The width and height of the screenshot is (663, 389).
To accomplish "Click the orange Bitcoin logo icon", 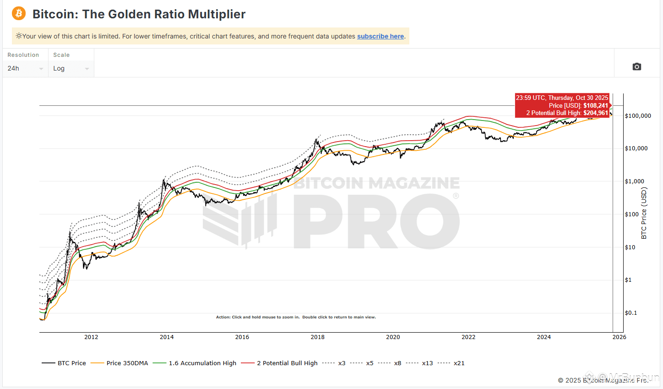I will pos(19,13).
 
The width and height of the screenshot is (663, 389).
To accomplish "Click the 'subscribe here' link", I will pos(380,36).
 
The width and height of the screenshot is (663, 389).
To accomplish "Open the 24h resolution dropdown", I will pos(25,68).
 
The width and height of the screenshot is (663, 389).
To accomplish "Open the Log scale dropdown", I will pos(71,68).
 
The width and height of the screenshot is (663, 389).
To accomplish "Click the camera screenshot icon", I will pos(636,67).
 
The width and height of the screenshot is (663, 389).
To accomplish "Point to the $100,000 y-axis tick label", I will pos(638,116).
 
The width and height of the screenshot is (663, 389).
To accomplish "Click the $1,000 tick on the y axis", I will pos(635,181).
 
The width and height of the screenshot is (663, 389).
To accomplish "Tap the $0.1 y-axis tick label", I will pos(631,313).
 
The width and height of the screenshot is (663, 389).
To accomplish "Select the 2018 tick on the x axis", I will pos(317,337).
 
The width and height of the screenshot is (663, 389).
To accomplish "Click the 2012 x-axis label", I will pos(91,337).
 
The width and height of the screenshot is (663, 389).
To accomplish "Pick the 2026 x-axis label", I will pos(619,337).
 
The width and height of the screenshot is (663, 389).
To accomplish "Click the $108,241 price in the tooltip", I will pos(596,105).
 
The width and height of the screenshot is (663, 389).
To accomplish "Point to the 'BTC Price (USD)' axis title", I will pos(644,213).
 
